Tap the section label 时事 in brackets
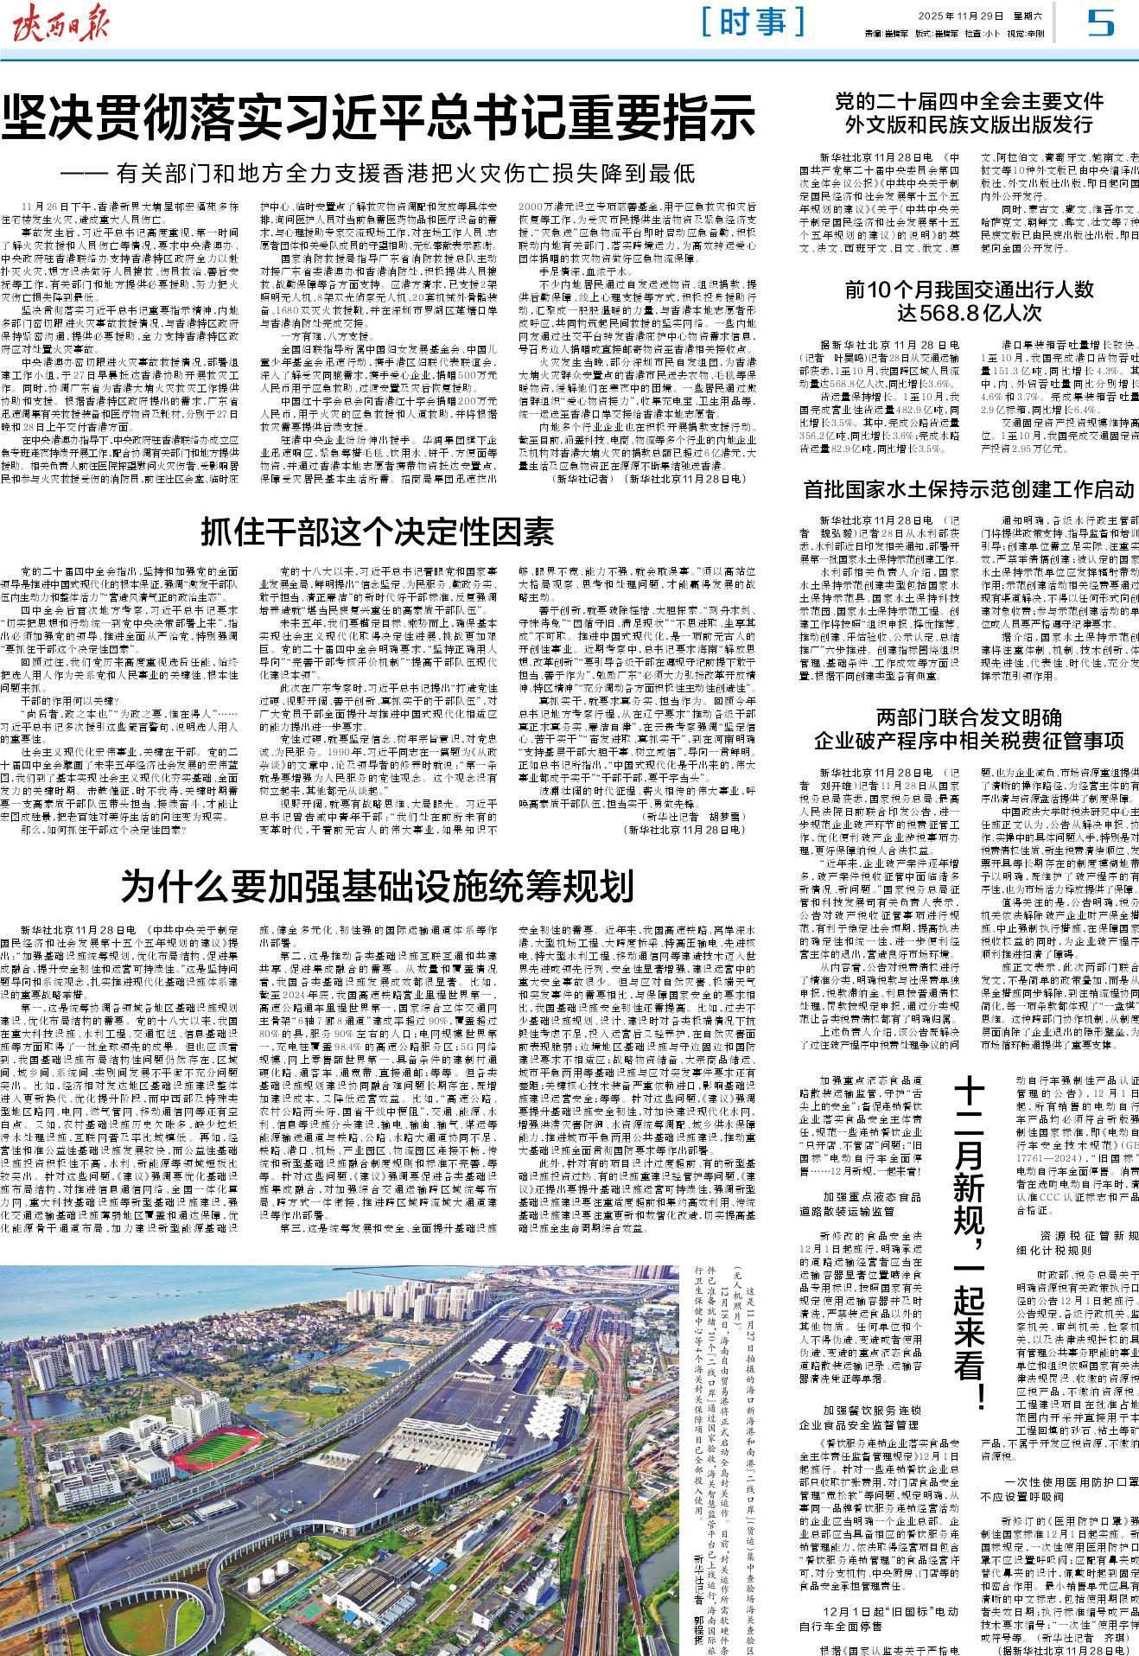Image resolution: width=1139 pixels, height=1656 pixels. [x=754, y=22]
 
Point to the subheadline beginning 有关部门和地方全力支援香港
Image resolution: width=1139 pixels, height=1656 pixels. [x=389, y=172]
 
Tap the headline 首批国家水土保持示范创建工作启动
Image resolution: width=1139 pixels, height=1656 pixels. [x=969, y=490]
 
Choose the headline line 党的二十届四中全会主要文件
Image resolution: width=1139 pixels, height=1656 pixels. [x=969, y=100]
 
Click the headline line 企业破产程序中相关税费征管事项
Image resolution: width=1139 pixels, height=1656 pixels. [x=969, y=740]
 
